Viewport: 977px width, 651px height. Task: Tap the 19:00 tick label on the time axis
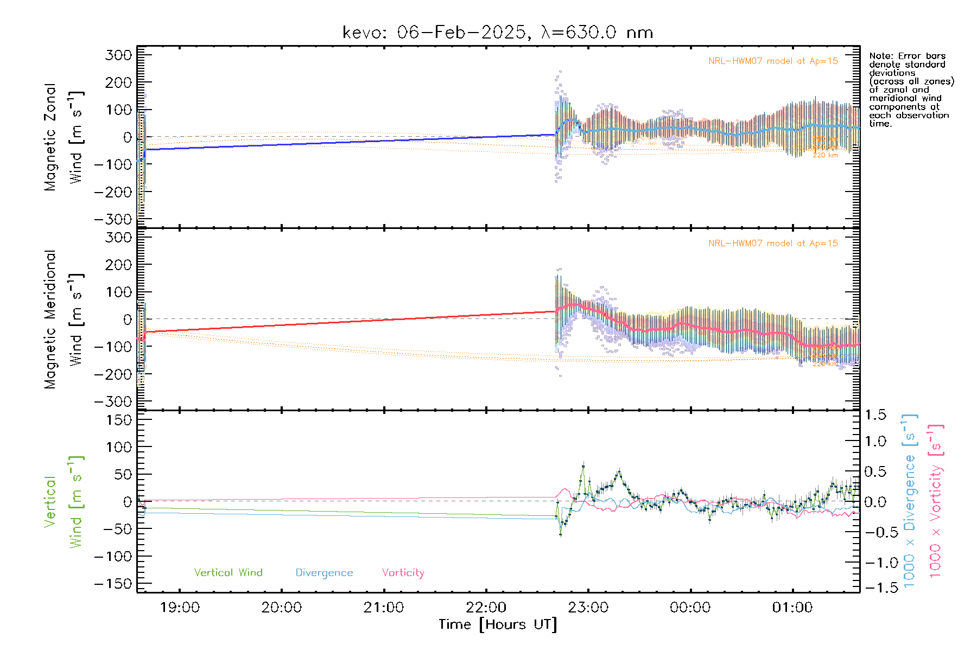[x=180, y=608]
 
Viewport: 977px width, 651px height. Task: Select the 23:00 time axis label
[x=588, y=608]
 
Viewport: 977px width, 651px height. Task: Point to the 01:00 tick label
[x=792, y=608]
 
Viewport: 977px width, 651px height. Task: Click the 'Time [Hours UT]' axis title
[x=498, y=625]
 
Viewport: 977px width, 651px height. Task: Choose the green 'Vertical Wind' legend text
[x=228, y=573]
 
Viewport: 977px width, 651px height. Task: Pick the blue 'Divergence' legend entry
[x=324, y=573]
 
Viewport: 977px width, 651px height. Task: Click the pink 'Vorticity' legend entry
[x=403, y=573]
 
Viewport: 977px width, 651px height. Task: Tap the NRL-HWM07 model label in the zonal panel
[x=773, y=61]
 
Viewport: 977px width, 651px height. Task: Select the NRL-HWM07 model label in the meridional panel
[x=773, y=244]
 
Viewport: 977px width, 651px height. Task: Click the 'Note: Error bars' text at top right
[x=907, y=56]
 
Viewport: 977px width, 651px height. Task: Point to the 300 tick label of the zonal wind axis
[x=119, y=55]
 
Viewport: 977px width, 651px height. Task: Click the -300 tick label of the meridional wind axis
[x=113, y=401]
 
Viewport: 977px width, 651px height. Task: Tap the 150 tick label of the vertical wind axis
[x=119, y=420]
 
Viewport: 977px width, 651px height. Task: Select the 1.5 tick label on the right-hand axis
[x=875, y=415]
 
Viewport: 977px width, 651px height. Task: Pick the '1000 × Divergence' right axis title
[x=910, y=501]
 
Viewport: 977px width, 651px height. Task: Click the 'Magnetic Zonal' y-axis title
[x=50, y=137]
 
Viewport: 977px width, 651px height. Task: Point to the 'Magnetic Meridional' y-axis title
[x=50, y=320]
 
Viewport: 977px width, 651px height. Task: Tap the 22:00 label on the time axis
[x=486, y=608]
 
